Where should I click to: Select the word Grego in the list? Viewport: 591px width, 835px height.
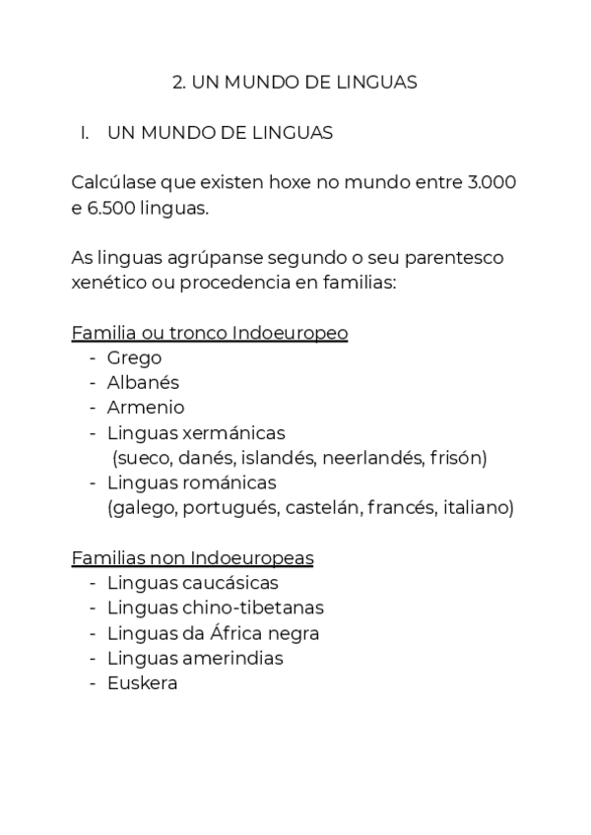click(134, 358)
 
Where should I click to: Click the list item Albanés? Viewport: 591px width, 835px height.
click(143, 383)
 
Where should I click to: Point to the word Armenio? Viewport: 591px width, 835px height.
click(146, 408)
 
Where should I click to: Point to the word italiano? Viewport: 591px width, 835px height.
click(478, 508)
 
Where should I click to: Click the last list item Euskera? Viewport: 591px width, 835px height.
click(142, 683)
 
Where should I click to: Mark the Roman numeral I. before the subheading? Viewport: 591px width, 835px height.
click(85, 133)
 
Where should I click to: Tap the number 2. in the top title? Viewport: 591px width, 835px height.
click(179, 83)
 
